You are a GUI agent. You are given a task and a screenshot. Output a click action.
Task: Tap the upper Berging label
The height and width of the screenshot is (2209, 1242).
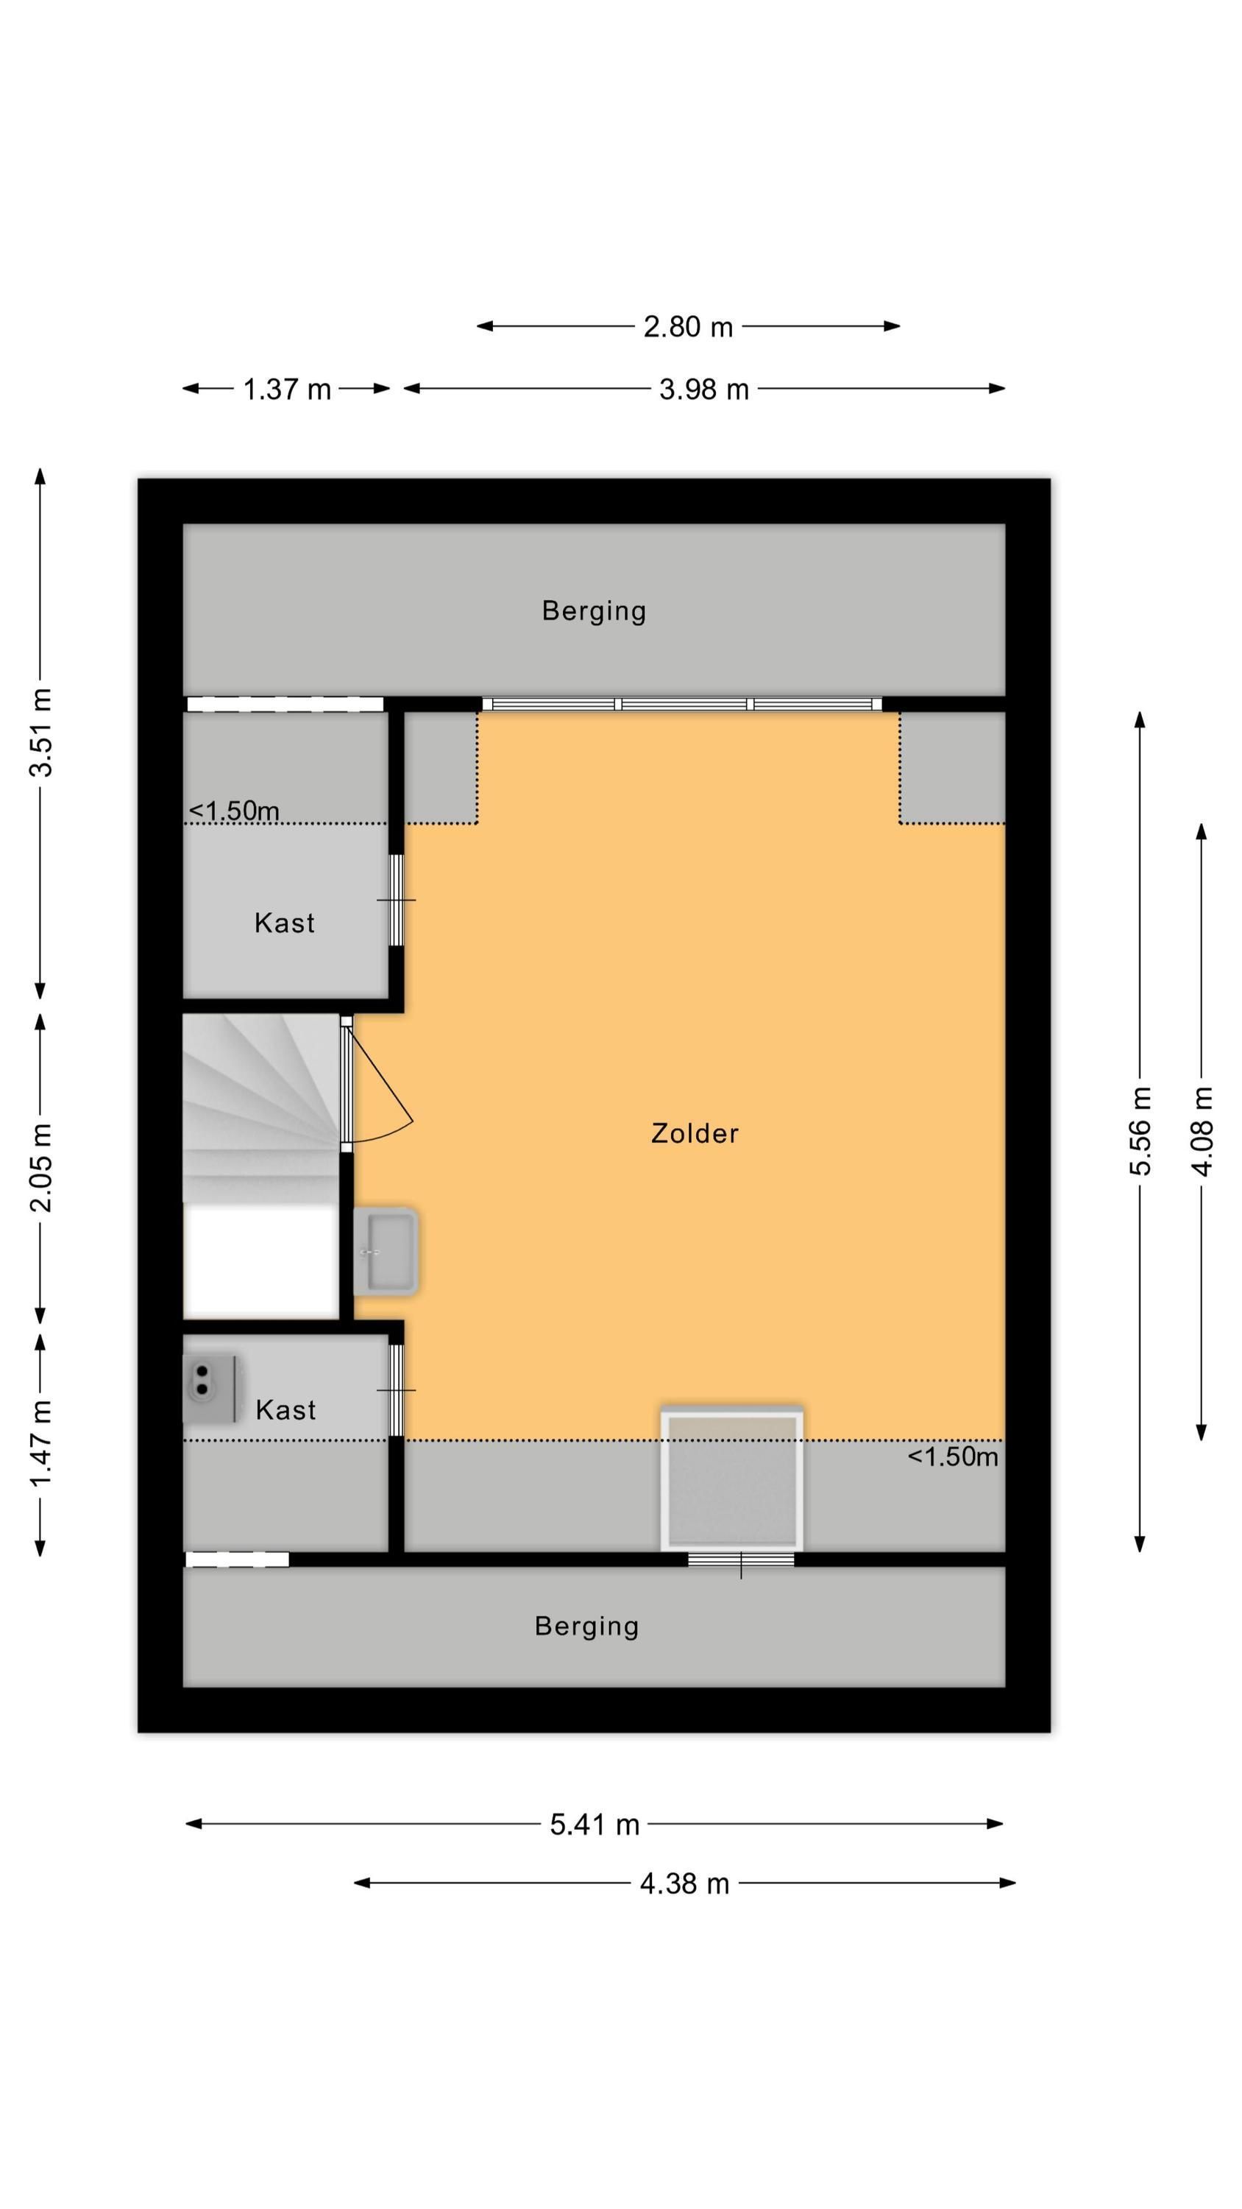(594, 610)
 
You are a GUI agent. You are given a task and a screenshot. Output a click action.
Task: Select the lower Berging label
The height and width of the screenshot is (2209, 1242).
(586, 1626)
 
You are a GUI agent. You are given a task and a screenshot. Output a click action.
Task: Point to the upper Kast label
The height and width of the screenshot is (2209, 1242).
(285, 923)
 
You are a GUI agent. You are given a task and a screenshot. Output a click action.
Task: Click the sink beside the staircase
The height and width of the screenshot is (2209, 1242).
(386, 1251)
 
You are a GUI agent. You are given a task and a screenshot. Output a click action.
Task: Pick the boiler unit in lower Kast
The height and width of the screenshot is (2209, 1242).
(210, 1387)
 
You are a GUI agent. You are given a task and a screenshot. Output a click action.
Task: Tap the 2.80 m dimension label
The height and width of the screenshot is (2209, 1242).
(688, 327)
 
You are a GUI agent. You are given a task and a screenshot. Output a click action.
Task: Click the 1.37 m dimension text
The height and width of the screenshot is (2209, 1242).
(286, 390)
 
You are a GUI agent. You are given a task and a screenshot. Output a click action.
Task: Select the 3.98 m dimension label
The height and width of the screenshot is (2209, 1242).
(703, 390)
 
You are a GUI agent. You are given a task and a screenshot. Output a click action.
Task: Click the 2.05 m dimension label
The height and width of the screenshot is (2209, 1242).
(40, 1167)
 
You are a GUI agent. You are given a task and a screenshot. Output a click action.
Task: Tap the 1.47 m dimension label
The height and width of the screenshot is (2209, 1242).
(40, 1444)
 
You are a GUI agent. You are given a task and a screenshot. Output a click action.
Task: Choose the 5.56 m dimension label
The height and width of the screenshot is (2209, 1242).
(1140, 1130)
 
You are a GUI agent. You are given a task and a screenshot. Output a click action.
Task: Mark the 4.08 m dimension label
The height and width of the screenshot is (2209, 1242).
(1202, 1131)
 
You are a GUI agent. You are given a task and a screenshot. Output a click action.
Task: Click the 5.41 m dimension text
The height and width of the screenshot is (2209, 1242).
(595, 1824)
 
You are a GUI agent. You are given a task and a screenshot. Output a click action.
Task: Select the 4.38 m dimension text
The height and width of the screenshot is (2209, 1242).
(685, 1883)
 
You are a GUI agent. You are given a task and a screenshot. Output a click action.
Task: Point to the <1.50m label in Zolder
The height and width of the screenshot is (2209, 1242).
(953, 1456)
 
